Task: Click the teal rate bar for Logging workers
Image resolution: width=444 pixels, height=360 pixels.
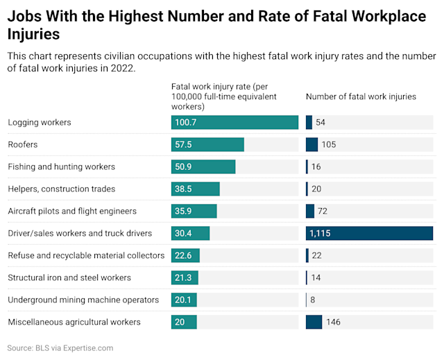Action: pos(234,122)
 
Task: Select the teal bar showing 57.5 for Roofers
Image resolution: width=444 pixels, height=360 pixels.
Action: pos(207,144)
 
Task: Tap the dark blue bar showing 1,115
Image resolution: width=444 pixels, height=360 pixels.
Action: pos(369,233)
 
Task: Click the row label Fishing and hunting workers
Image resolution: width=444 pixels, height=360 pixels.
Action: pos(62,166)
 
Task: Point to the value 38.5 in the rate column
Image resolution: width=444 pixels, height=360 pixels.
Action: pos(184,189)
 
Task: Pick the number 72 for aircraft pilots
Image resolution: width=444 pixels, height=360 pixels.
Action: pos(323,211)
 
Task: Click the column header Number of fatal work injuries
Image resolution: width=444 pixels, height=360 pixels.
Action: pos(361,96)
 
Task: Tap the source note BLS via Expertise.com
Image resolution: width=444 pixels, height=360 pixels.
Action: pos(60,348)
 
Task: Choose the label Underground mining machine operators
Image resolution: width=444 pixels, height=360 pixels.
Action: pos(83,300)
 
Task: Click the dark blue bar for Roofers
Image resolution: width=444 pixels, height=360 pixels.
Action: pos(311,144)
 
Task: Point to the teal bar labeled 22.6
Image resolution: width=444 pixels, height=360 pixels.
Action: pos(186,255)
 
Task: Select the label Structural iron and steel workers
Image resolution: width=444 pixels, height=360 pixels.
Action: pos(69,277)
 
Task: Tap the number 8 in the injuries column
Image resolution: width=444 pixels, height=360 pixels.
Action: pos(314,300)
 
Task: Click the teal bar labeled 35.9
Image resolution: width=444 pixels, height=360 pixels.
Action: pos(194,211)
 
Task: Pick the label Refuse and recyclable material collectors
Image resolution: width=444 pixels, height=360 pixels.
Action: pos(86,255)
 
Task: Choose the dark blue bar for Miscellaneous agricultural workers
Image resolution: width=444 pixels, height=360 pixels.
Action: pos(314,322)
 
